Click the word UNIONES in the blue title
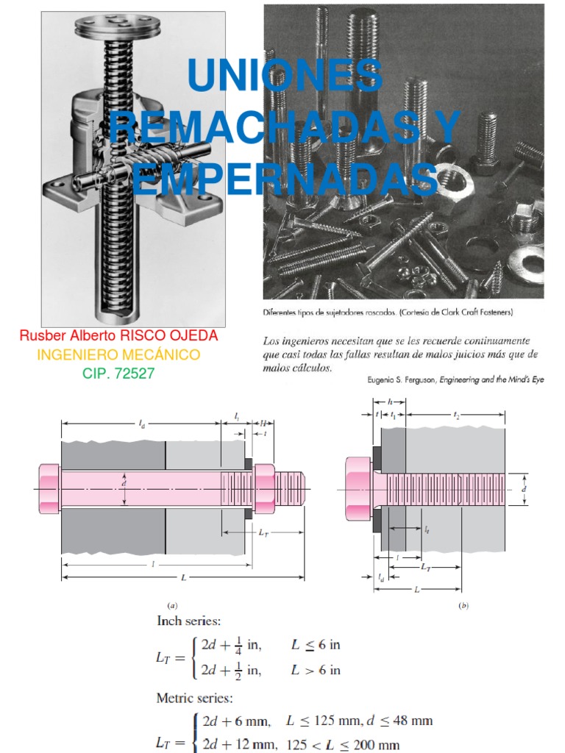point(285,76)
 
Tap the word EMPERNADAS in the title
point(285,179)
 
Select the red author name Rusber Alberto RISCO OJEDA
point(118,336)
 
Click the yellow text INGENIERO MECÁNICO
point(118,355)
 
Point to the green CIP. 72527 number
point(118,374)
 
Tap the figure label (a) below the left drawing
point(172,605)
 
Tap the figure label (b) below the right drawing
point(463,605)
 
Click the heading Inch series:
point(193,621)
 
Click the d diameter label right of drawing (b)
point(523,488)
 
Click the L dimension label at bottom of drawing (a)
point(183,578)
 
